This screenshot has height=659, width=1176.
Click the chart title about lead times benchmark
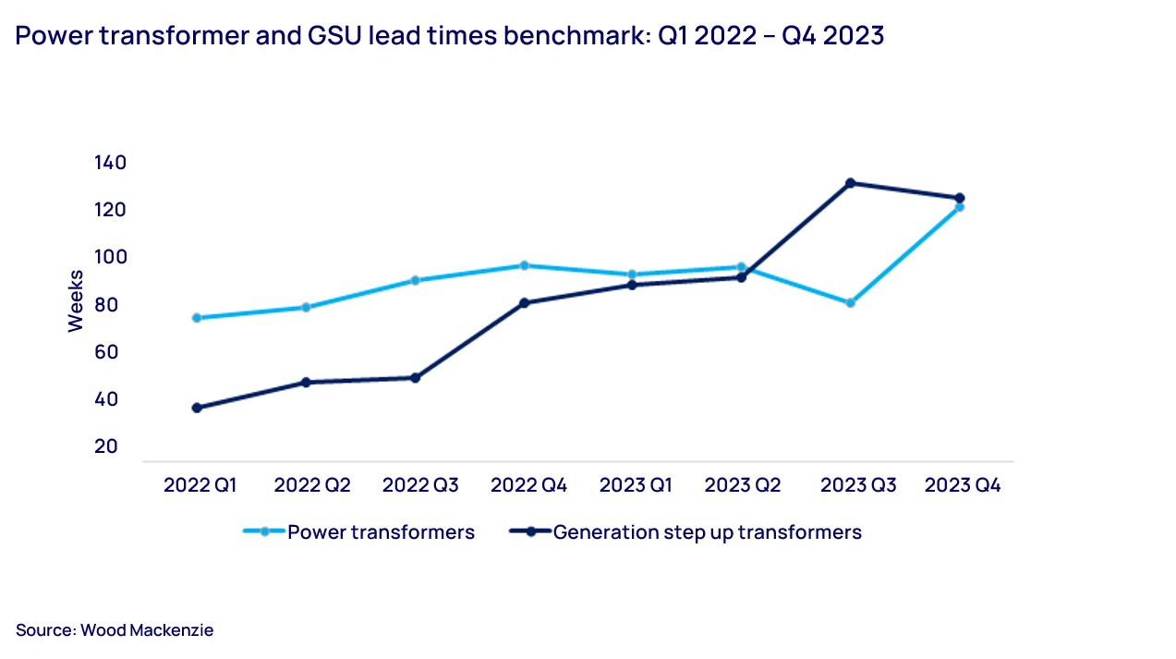450,36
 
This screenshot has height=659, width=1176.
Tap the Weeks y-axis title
76,300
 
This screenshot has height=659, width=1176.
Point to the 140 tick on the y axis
110,163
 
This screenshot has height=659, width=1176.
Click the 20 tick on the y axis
106,446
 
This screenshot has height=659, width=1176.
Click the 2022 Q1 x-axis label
200,485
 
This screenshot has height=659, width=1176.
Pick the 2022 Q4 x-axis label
528,485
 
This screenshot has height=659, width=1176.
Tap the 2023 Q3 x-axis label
858,485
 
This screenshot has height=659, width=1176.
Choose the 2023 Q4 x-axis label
963,485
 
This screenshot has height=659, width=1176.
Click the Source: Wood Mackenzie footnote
115,630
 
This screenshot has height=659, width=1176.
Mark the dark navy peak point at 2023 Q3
850,183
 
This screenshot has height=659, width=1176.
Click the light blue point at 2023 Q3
850,302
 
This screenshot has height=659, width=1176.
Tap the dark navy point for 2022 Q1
197,408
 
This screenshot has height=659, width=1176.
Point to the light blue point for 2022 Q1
197,318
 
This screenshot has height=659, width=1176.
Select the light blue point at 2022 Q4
524,265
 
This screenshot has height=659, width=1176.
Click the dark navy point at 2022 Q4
524,302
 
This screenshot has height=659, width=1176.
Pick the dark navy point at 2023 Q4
960,198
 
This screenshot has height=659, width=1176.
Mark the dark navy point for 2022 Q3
415,378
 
